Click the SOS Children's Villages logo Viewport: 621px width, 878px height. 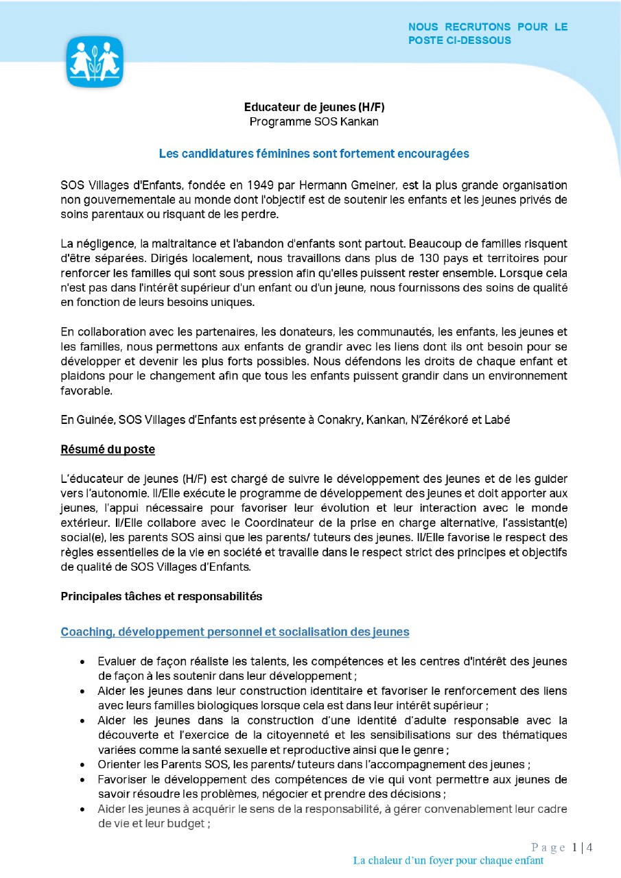[94, 61]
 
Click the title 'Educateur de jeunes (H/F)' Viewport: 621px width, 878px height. [309, 107]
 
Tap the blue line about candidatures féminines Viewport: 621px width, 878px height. [314, 154]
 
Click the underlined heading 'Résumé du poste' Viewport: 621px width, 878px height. [108, 450]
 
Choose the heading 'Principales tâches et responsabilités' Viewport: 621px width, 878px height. [161, 596]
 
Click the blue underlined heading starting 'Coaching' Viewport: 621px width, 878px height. [235, 632]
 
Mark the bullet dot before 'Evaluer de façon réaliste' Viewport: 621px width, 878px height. [82, 662]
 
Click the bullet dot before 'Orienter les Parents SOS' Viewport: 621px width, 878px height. [82, 765]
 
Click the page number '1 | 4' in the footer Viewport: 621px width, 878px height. [582, 847]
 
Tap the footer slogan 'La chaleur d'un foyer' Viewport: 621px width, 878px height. [448, 860]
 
